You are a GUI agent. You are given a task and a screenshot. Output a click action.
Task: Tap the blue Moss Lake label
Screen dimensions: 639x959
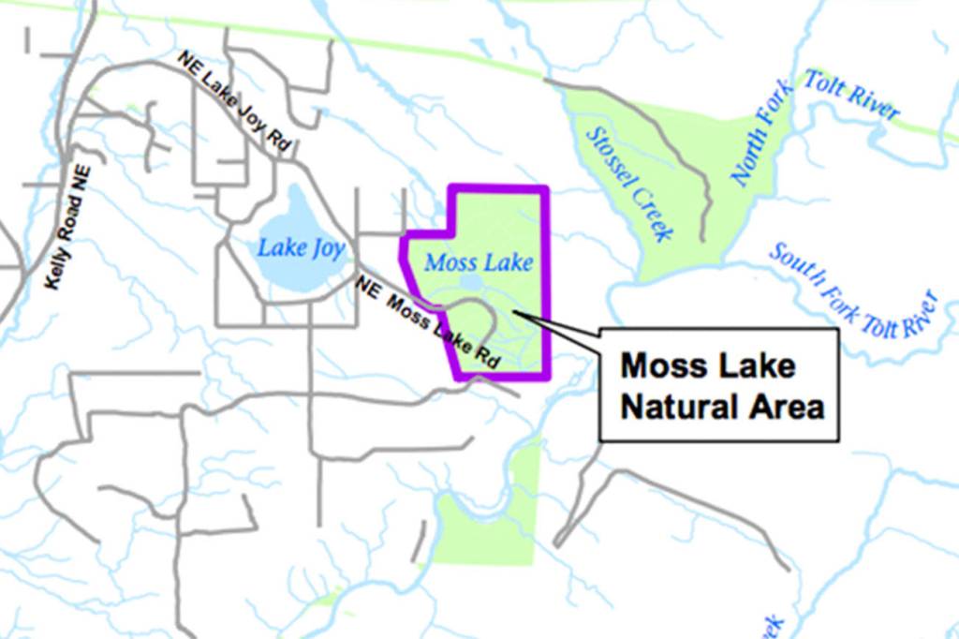click(479, 262)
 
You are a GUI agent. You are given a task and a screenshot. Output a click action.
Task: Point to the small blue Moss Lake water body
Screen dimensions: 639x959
click(472, 284)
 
